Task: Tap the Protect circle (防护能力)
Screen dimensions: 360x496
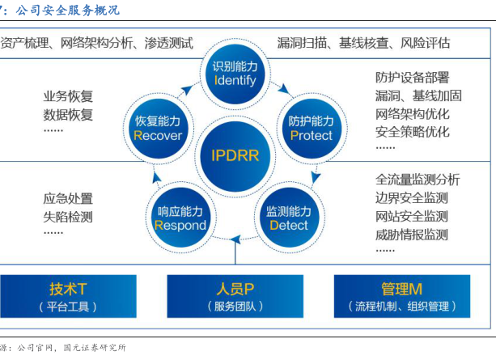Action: tap(310, 128)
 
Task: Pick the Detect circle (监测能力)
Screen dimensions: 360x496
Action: tap(287, 218)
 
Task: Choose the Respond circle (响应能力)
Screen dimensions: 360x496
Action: tap(180, 218)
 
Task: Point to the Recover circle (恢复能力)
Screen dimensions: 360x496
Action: tap(158, 128)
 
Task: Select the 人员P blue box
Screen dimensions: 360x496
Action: tap(235, 296)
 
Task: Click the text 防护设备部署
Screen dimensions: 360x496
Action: tap(413, 78)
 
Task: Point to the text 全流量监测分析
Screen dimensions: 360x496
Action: tap(418, 180)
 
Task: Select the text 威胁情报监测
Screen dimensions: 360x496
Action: tap(413, 235)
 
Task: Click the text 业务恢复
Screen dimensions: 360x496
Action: tap(69, 96)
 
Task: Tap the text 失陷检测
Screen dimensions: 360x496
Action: tap(69, 217)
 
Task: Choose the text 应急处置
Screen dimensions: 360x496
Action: tap(69, 198)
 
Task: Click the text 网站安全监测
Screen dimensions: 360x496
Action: tap(413, 217)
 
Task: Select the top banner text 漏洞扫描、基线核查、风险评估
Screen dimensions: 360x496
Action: tap(364, 43)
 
